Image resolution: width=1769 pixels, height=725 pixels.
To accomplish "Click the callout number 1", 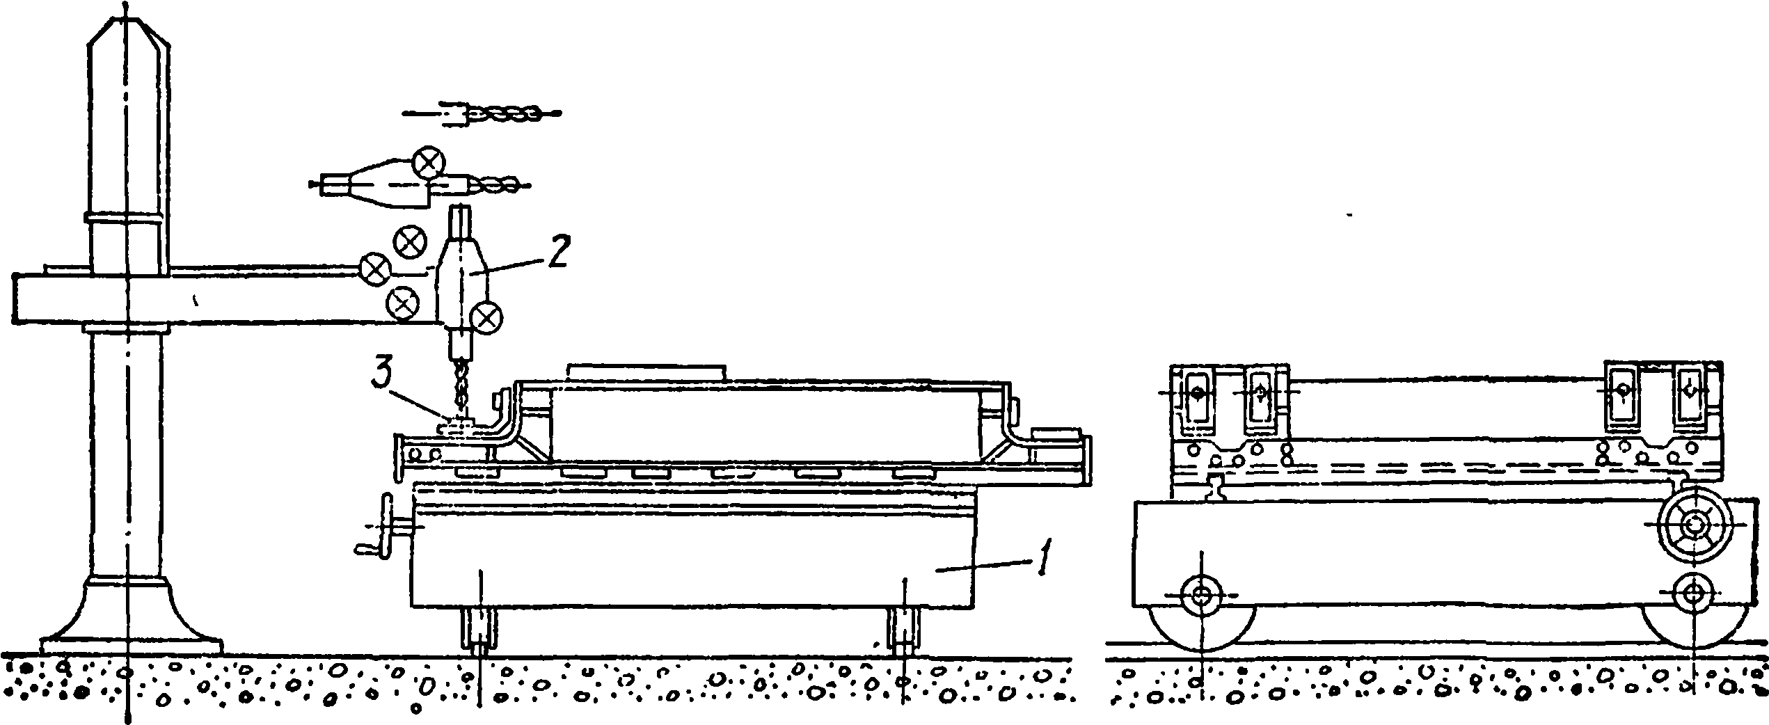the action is pyautogui.click(x=1042, y=557).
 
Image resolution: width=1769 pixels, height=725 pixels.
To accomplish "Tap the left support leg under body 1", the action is pyautogui.click(x=479, y=630).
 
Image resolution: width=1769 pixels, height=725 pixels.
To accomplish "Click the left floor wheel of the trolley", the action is pyautogui.click(x=1202, y=615).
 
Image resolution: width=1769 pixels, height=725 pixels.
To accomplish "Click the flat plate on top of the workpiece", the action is pyautogui.click(x=646, y=371).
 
